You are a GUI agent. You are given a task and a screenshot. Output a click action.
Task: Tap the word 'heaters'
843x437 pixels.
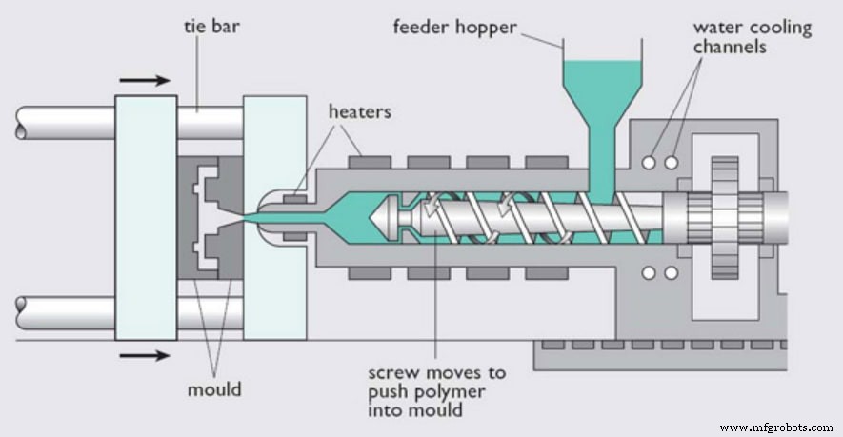(x=359, y=112)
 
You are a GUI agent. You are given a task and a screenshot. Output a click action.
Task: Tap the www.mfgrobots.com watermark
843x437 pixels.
(x=778, y=428)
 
